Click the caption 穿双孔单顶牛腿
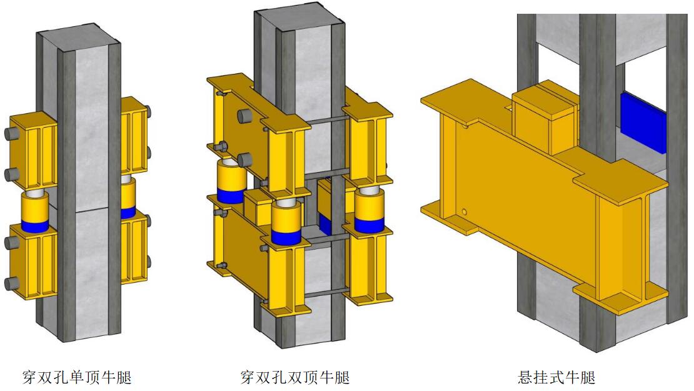(x=77, y=377)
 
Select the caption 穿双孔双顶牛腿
(x=295, y=377)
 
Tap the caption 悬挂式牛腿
(x=557, y=377)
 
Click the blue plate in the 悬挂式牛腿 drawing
(x=643, y=122)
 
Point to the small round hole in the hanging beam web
(x=464, y=212)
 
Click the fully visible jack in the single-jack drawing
(x=35, y=211)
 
